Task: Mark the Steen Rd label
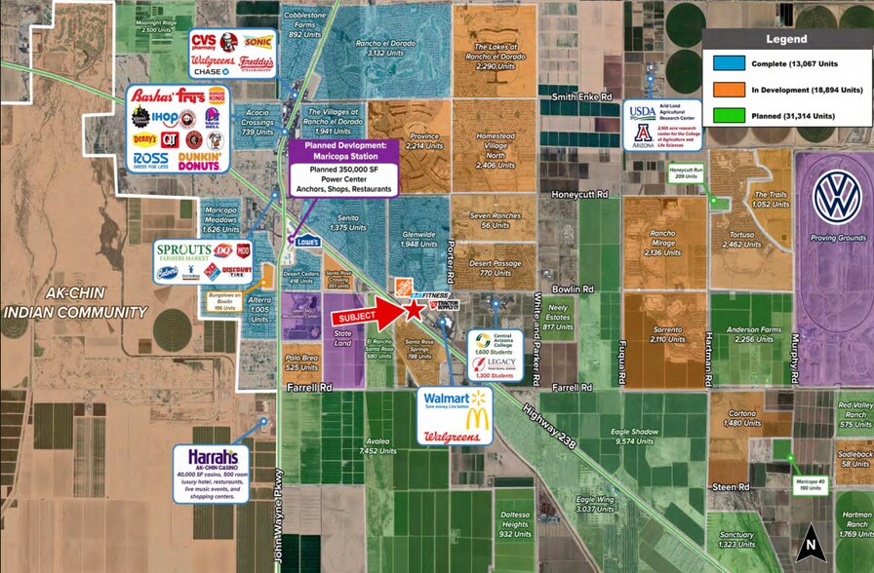click(730, 485)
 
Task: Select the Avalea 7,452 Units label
click(376, 446)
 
